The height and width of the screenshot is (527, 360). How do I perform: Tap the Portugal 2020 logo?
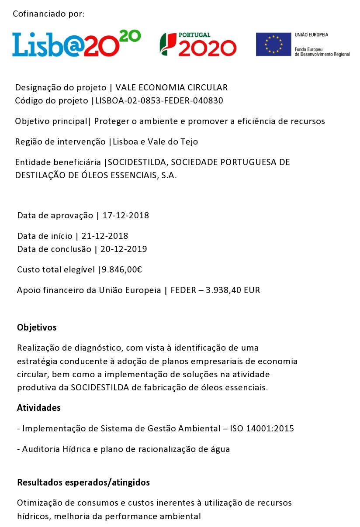tap(198, 44)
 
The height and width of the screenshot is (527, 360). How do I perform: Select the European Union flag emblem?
tap(273, 44)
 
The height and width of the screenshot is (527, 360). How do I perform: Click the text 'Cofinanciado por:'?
tap(48, 14)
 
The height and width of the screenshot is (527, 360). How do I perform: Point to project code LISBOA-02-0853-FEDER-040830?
tap(159, 101)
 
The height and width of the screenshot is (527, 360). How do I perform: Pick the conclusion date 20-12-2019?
tap(124, 249)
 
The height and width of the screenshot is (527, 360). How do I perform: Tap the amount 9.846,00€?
tap(122, 270)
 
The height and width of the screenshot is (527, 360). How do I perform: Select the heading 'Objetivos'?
tap(37, 327)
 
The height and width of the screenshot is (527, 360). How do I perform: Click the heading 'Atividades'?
tap(38, 408)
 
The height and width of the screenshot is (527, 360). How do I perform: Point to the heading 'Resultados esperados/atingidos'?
tap(83, 482)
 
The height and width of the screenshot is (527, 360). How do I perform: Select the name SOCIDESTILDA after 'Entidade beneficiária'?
tap(137, 162)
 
